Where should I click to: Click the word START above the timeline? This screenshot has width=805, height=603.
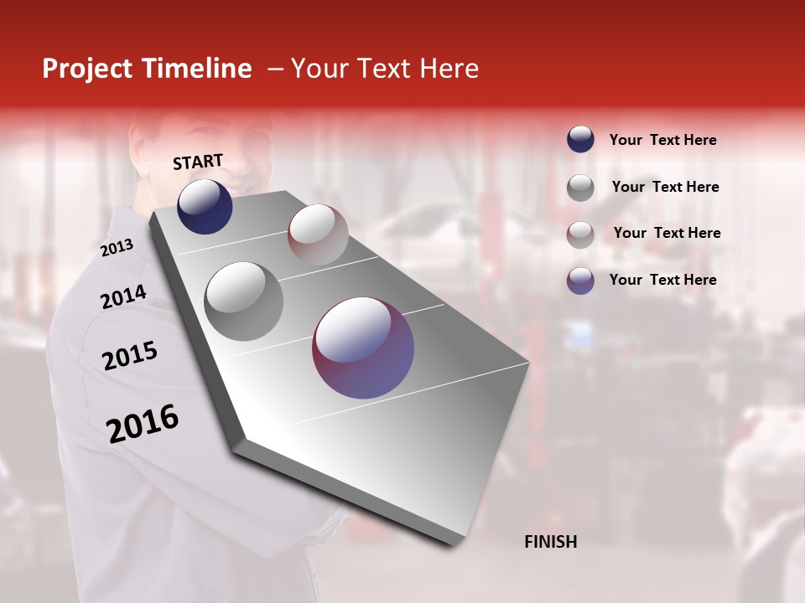pyautogui.click(x=198, y=162)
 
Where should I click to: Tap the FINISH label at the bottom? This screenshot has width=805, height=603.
pyautogui.click(x=550, y=542)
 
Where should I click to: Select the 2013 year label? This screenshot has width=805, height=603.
pyautogui.click(x=117, y=248)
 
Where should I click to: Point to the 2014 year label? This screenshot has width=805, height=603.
pyautogui.click(x=123, y=296)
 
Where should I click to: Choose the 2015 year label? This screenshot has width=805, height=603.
pyautogui.click(x=130, y=356)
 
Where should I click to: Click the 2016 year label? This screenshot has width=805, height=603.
pyautogui.click(x=143, y=424)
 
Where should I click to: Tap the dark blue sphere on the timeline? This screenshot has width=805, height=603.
pyautogui.click(x=205, y=206)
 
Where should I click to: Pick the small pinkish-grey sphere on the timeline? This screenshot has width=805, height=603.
pyautogui.click(x=318, y=234)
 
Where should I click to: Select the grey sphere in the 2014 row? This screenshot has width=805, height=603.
pyautogui.click(x=243, y=301)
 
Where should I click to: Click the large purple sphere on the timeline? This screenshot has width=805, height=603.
pyautogui.click(x=363, y=348)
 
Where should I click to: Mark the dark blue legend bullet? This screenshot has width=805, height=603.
pyautogui.click(x=580, y=139)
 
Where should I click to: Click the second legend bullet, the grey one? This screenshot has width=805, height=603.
pyautogui.click(x=580, y=187)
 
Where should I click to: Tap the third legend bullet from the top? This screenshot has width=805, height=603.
pyautogui.click(x=580, y=234)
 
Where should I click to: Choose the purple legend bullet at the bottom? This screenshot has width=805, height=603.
pyautogui.click(x=580, y=281)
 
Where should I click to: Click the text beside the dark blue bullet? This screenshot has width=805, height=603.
pyautogui.click(x=662, y=140)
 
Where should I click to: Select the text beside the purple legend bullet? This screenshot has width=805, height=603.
pyautogui.click(x=662, y=280)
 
